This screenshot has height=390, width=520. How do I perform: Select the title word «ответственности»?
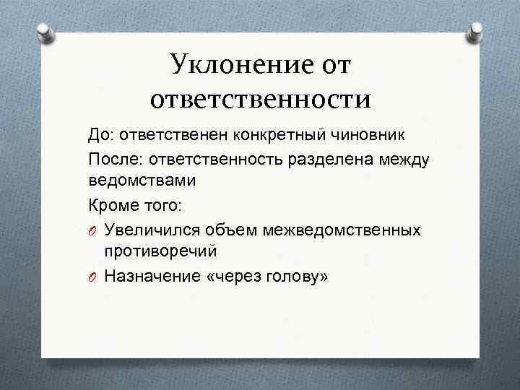pyautogui.click(x=260, y=99)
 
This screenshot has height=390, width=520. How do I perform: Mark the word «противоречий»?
pyautogui.click(x=160, y=251)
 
